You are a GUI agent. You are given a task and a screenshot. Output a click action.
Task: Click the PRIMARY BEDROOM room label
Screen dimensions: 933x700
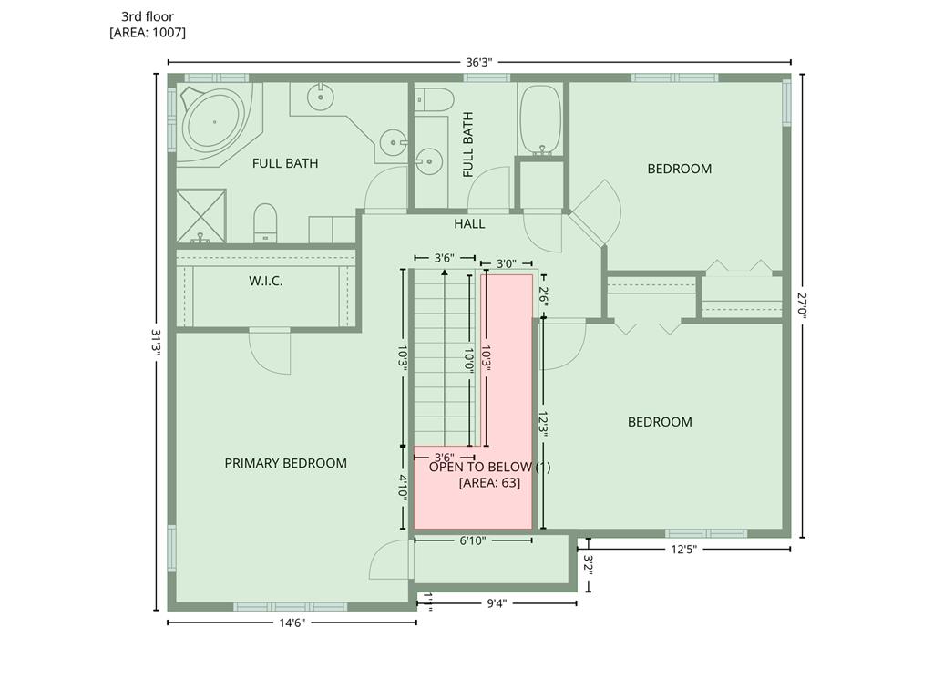pos(285,463)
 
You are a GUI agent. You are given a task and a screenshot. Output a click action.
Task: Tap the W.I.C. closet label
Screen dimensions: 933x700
pos(265,281)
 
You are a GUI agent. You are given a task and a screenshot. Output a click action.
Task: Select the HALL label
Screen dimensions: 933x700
pos(469,224)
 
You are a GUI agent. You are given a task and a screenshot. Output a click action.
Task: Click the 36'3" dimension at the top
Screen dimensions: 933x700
pos(478,62)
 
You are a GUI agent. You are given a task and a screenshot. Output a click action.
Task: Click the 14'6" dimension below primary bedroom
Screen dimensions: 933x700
pos(292,623)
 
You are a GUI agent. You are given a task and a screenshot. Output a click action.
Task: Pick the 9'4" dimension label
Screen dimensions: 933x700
pos(497,603)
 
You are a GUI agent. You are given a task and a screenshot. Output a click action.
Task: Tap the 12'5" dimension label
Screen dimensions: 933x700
pos(683,549)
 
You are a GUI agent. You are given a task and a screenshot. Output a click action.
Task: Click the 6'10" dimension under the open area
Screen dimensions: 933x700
pos(473,540)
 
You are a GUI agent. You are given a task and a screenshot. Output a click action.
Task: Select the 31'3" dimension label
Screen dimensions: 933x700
pos(157,343)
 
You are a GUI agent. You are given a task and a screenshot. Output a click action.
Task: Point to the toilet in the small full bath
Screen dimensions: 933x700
pos(435,98)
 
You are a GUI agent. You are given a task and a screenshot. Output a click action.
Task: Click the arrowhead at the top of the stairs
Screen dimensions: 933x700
pos(445,273)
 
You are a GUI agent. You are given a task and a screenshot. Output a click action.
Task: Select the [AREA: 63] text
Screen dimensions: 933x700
pos(489,482)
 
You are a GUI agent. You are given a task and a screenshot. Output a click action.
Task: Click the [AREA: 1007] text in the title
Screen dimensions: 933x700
pos(148,32)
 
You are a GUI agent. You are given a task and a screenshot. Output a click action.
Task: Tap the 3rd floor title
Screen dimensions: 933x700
pos(148,16)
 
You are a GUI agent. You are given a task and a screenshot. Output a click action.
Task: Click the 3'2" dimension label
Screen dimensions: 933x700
pos(589,566)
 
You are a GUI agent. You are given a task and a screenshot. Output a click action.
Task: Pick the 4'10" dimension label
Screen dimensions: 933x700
pos(403,487)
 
